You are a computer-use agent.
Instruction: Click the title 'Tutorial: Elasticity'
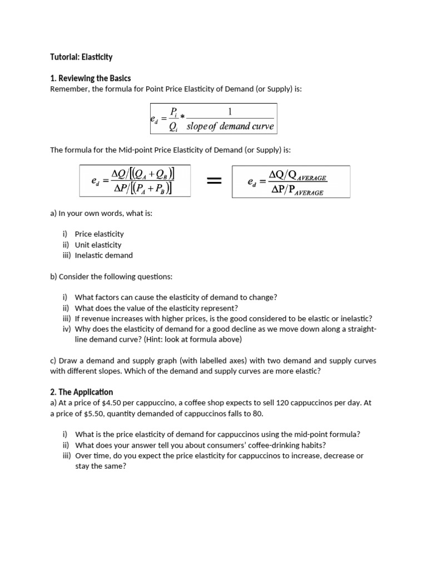pyautogui.click(x=81, y=57)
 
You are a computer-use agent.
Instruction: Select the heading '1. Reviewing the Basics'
pyautogui.click(x=90, y=78)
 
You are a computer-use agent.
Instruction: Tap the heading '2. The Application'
pyautogui.click(x=81, y=392)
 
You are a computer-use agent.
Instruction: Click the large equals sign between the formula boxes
pyautogui.click(x=214, y=181)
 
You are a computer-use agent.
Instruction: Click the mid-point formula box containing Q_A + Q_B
pyautogui.click(x=135, y=181)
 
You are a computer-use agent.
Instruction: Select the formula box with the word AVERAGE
pyautogui.click(x=291, y=181)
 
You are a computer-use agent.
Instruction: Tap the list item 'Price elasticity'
pyautogui.click(x=99, y=234)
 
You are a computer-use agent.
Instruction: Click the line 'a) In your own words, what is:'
pyautogui.click(x=101, y=213)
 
